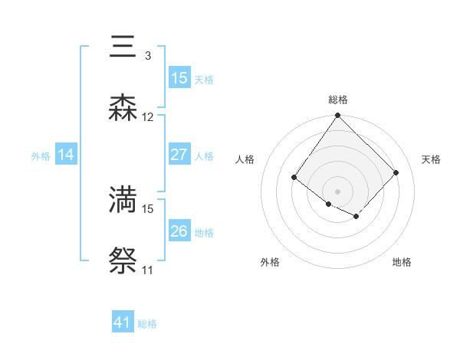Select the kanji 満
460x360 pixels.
(123, 199)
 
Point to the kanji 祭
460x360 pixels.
(123, 260)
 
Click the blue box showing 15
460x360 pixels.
(179, 78)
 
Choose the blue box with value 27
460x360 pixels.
(179, 155)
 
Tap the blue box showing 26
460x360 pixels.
(179, 231)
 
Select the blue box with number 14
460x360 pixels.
(66, 155)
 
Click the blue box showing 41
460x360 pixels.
(123, 322)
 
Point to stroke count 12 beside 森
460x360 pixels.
(148, 117)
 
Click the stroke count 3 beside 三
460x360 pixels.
(148, 56)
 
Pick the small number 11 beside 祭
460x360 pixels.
(148, 270)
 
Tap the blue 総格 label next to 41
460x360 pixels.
(147, 324)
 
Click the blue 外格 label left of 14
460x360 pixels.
(41, 156)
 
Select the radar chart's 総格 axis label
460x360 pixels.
(338, 100)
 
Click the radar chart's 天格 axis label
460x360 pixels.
(432, 159)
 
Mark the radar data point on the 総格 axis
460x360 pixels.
(338, 116)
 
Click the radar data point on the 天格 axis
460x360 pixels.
(396, 173)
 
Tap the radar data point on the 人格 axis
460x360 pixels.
(294, 178)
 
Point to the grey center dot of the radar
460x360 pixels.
(338, 191)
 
